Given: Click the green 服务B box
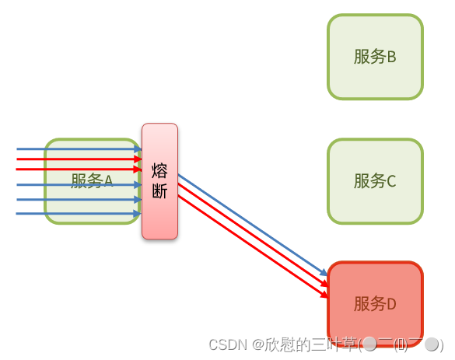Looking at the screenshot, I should (375, 57).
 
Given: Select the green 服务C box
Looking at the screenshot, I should (375, 181).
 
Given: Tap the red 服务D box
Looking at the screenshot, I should (375, 303).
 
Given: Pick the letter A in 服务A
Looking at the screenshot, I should (109, 181).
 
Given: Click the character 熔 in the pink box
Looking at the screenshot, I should (159, 170).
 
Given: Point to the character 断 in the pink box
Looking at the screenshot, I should (159, 191).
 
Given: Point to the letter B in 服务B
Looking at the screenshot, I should (391, 57).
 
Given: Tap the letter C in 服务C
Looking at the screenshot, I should (391, 181).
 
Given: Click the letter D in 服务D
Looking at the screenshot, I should (391, 304).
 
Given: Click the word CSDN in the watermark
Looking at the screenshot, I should (226, 344).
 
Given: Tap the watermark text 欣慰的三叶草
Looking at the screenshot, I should (310, 344).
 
